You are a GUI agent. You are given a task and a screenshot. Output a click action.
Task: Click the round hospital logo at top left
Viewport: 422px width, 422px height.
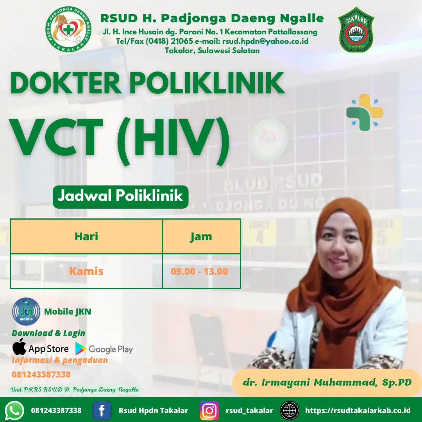pyautogui.click(x=68, y=30)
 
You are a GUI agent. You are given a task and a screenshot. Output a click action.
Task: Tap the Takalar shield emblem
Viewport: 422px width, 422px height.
pyautogui.click(x=356, y=30)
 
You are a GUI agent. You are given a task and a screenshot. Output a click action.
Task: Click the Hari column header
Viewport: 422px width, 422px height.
pyautogui.click(x=86, y=236)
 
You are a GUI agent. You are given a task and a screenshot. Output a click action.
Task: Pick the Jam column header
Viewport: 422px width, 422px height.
pyautogui.click(x=201, y=236)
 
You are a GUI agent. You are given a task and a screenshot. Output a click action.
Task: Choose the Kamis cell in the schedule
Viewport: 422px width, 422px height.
pyautogui.click(x=86, y=271)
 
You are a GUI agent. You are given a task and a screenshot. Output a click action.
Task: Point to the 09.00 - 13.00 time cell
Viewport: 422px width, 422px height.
pyautogui.click(x=199, y=271)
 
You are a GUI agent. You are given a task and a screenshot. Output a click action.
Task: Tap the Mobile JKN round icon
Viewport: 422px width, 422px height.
pyautogui.click(x=26, y=311)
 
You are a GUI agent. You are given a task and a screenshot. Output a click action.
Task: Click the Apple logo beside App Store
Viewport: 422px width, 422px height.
pyautogui.click(x=19, y=347)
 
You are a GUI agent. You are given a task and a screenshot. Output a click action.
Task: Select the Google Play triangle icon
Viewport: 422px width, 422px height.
pyautogui.click(x=81, y=349)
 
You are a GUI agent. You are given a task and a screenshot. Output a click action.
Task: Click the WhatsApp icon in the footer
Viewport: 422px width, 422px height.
pyautogui.click(x=15, y=410)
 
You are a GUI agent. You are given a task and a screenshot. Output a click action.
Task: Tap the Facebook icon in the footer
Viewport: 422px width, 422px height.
pyautogui.click(x=102, y=410)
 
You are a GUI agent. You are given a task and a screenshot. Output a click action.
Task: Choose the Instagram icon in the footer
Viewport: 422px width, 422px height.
pyautogui.click(x=209, y=410)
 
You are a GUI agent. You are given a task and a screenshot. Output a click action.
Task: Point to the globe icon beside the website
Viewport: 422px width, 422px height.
pyautogui.click(x=290, y=410)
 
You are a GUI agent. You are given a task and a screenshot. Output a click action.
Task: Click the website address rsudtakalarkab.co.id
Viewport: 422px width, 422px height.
pyautogui.click(x=358, y=410)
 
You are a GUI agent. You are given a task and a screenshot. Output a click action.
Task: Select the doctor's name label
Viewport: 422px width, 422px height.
pyautogui.click(x=327, y=382)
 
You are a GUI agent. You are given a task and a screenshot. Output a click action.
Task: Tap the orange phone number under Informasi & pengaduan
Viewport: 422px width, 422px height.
pyautogui.click(x=41, y=374)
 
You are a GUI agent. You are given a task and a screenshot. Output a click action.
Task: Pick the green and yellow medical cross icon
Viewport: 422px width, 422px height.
pyautogui.click(x=365, y=112)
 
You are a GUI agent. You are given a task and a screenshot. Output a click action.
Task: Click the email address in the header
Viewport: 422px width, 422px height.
pyautogui.click(x=266, y=41)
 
